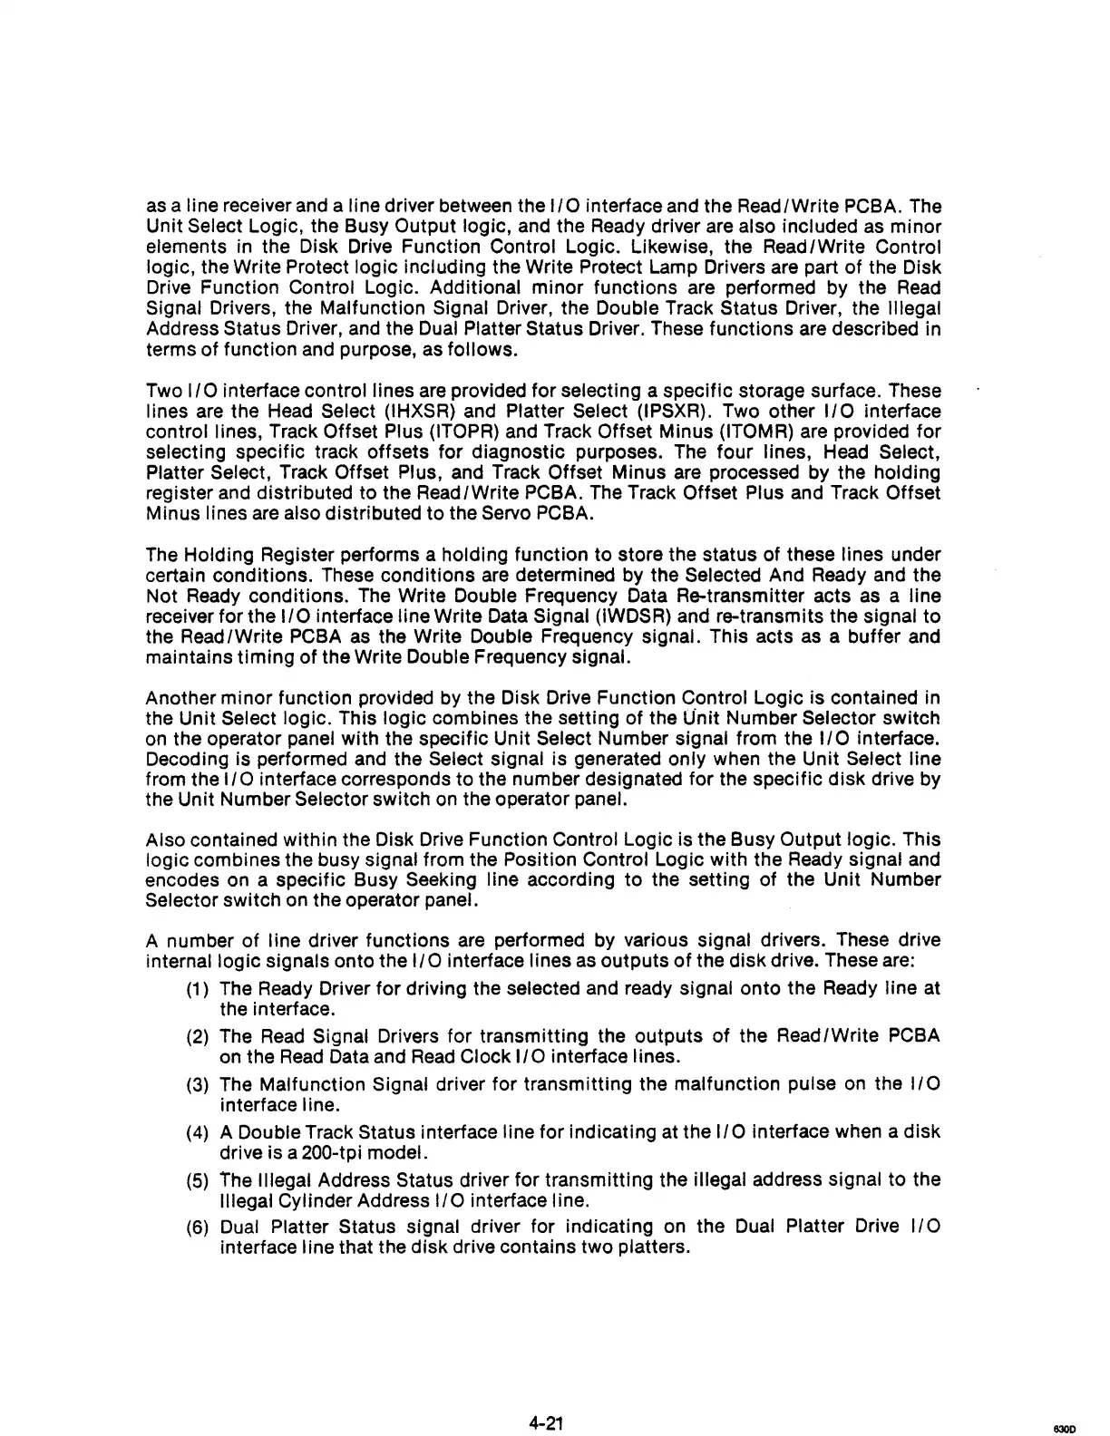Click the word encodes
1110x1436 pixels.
click(x=179, y=880)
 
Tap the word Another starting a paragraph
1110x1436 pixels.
click(x=178, y=698)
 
